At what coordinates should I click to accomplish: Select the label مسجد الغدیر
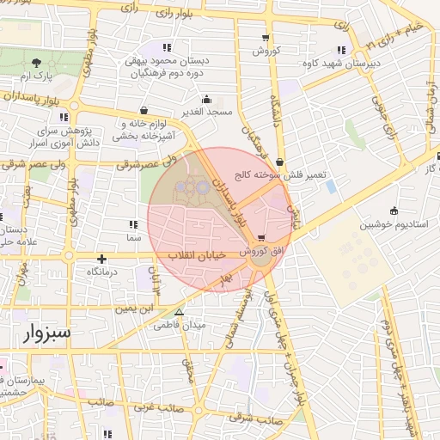point(207,113)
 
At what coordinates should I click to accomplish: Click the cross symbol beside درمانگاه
point(101,259)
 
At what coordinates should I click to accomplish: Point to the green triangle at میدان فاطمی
point(179,313)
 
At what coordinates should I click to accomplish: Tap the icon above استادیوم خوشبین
point(394,211)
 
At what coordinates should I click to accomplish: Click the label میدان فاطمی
point(180,326)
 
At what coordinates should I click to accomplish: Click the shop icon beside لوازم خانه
point(142,110)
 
